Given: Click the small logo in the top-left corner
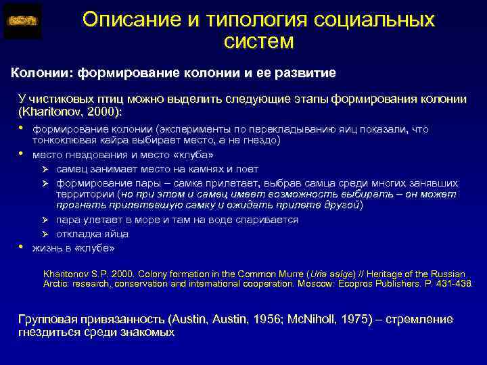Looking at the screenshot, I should click(x=22, y=21).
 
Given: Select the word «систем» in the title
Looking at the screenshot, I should click(x=258, y=43).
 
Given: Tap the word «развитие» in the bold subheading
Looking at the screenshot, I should click(x=304, y=72).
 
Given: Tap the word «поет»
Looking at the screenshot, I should click(x=246, y=169).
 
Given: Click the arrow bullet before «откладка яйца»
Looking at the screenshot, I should click(x=47, y=234).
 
